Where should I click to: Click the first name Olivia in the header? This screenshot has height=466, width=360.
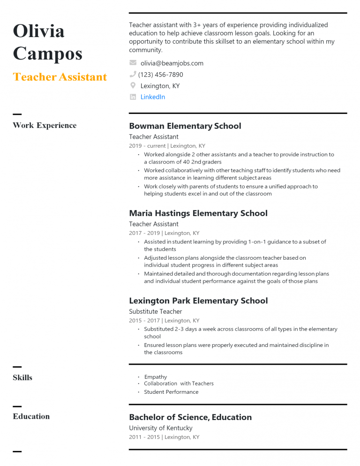coord(39,31)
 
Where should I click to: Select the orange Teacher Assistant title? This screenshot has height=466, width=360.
coord(60,77)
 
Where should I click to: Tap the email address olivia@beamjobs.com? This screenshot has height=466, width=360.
coord(172,63)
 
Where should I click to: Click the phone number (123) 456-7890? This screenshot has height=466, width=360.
coord(160,75)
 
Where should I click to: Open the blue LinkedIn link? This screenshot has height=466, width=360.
coord(153,97)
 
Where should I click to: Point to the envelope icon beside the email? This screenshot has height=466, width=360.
coord(133,63)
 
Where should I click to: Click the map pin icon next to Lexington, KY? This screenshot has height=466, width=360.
coord(133,85)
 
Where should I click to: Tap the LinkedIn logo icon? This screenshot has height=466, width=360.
coord(133,97)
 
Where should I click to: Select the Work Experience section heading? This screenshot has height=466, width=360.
coord(45,125)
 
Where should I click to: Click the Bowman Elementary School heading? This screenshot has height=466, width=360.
coord(185,126)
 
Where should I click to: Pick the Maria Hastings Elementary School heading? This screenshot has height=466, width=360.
coord(198,213)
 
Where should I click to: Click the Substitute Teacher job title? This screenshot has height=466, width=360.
coord(155,311)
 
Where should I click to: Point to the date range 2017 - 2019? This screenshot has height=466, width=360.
coord(144,233)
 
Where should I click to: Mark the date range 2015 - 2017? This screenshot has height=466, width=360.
coord(144,321)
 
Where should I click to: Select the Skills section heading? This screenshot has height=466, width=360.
coord(22,377)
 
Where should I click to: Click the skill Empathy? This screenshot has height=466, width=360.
coord(156,377)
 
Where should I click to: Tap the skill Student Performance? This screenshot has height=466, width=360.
coord(171,392)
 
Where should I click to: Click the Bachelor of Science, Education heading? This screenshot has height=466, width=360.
coord(190,417)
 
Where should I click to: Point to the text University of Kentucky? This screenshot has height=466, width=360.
coord(160,428)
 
